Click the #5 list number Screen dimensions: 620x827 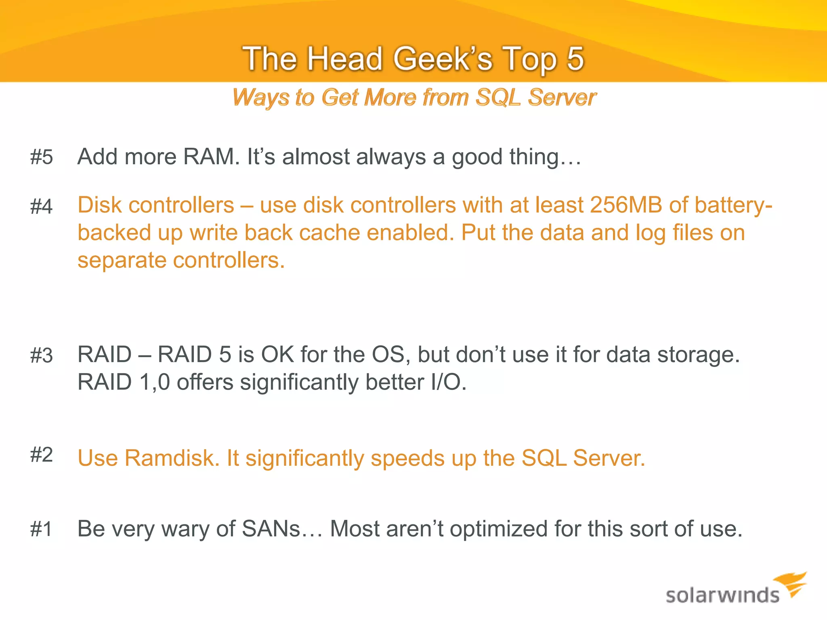click(41, 157)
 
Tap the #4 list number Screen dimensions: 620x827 click(41, 206)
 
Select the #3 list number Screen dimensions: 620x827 click(41, 356)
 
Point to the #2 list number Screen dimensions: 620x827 click(41, 455)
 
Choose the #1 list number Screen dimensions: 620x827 click(41, 529)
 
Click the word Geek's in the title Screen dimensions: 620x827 click(443, 59)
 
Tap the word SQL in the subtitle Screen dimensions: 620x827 click(498, 98)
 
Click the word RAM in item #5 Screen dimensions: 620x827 click(208, 157)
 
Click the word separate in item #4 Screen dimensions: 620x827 click(122, 261)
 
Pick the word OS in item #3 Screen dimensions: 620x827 click(388, 355)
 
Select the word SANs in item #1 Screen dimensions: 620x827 click(271, 529)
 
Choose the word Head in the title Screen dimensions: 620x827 click(344, 59)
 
